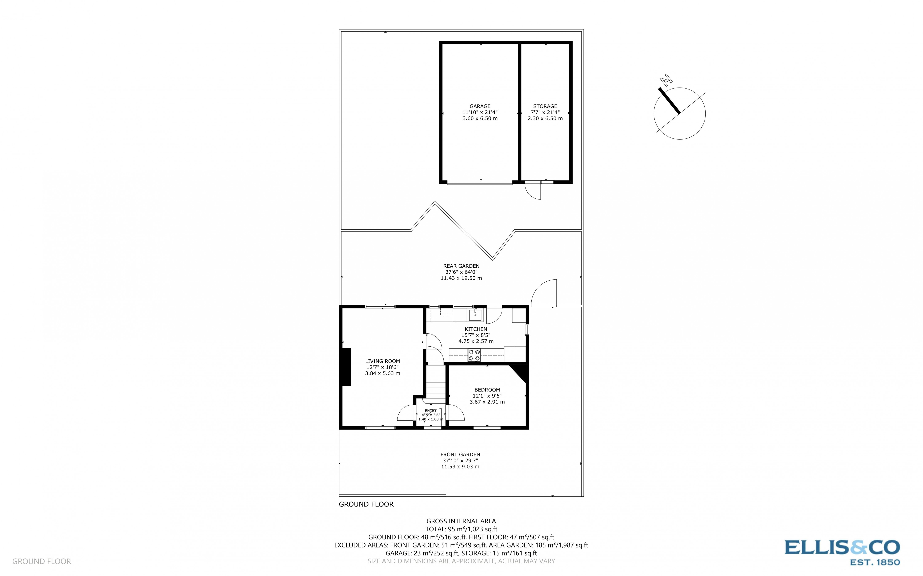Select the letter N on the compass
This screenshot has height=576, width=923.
click(666, 80)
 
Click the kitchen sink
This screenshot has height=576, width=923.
click(475, 315)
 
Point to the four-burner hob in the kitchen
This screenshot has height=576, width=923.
click(474, 355)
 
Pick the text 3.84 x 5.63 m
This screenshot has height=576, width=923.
click(382, 373)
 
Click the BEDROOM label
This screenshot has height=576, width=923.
click(487, 390)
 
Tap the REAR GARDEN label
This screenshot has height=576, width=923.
click(461, 266)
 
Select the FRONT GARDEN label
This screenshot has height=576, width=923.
click(460, 455)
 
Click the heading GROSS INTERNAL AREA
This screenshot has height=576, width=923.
click(461, 521)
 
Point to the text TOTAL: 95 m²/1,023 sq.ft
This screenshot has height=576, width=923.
click(461, 529)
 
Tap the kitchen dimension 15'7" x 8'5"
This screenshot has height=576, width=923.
click(475, 335)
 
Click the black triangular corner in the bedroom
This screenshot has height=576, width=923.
click(521, 372)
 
